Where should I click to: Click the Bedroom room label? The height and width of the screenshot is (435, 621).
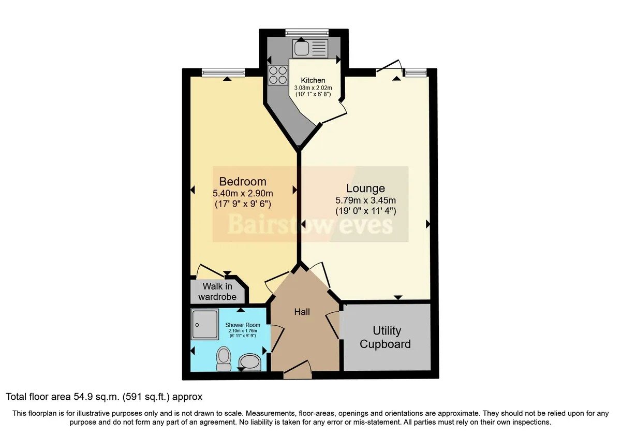[243, 182]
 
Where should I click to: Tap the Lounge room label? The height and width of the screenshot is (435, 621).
[365, 189]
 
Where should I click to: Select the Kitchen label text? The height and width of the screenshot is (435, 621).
[313, 80]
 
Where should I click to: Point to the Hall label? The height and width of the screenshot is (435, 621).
[302, 312]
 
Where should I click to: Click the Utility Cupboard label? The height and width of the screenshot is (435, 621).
[386, 337]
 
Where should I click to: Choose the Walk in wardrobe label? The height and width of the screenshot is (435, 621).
[217, 291]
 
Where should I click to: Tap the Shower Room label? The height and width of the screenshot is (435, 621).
[243, 325]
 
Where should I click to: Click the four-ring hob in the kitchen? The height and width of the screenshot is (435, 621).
[278, 75]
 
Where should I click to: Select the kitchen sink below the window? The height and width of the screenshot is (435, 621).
[310, 48]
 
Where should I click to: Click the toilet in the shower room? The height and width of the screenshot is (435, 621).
[224, 359]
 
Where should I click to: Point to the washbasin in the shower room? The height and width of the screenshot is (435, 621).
[250, 362]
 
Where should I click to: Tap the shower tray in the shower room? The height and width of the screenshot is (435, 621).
[204, 324]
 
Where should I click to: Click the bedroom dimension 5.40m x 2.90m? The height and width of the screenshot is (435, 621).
[243, 193]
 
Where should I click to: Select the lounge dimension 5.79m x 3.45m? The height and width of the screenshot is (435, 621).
[365, 200]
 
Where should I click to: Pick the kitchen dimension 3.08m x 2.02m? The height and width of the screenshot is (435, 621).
[313, 88]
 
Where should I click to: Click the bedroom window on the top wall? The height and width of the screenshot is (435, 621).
[224, 72]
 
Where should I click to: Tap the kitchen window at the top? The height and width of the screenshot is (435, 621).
[307, 33]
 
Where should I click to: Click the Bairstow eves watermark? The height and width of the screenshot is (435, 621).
[310, 225]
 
